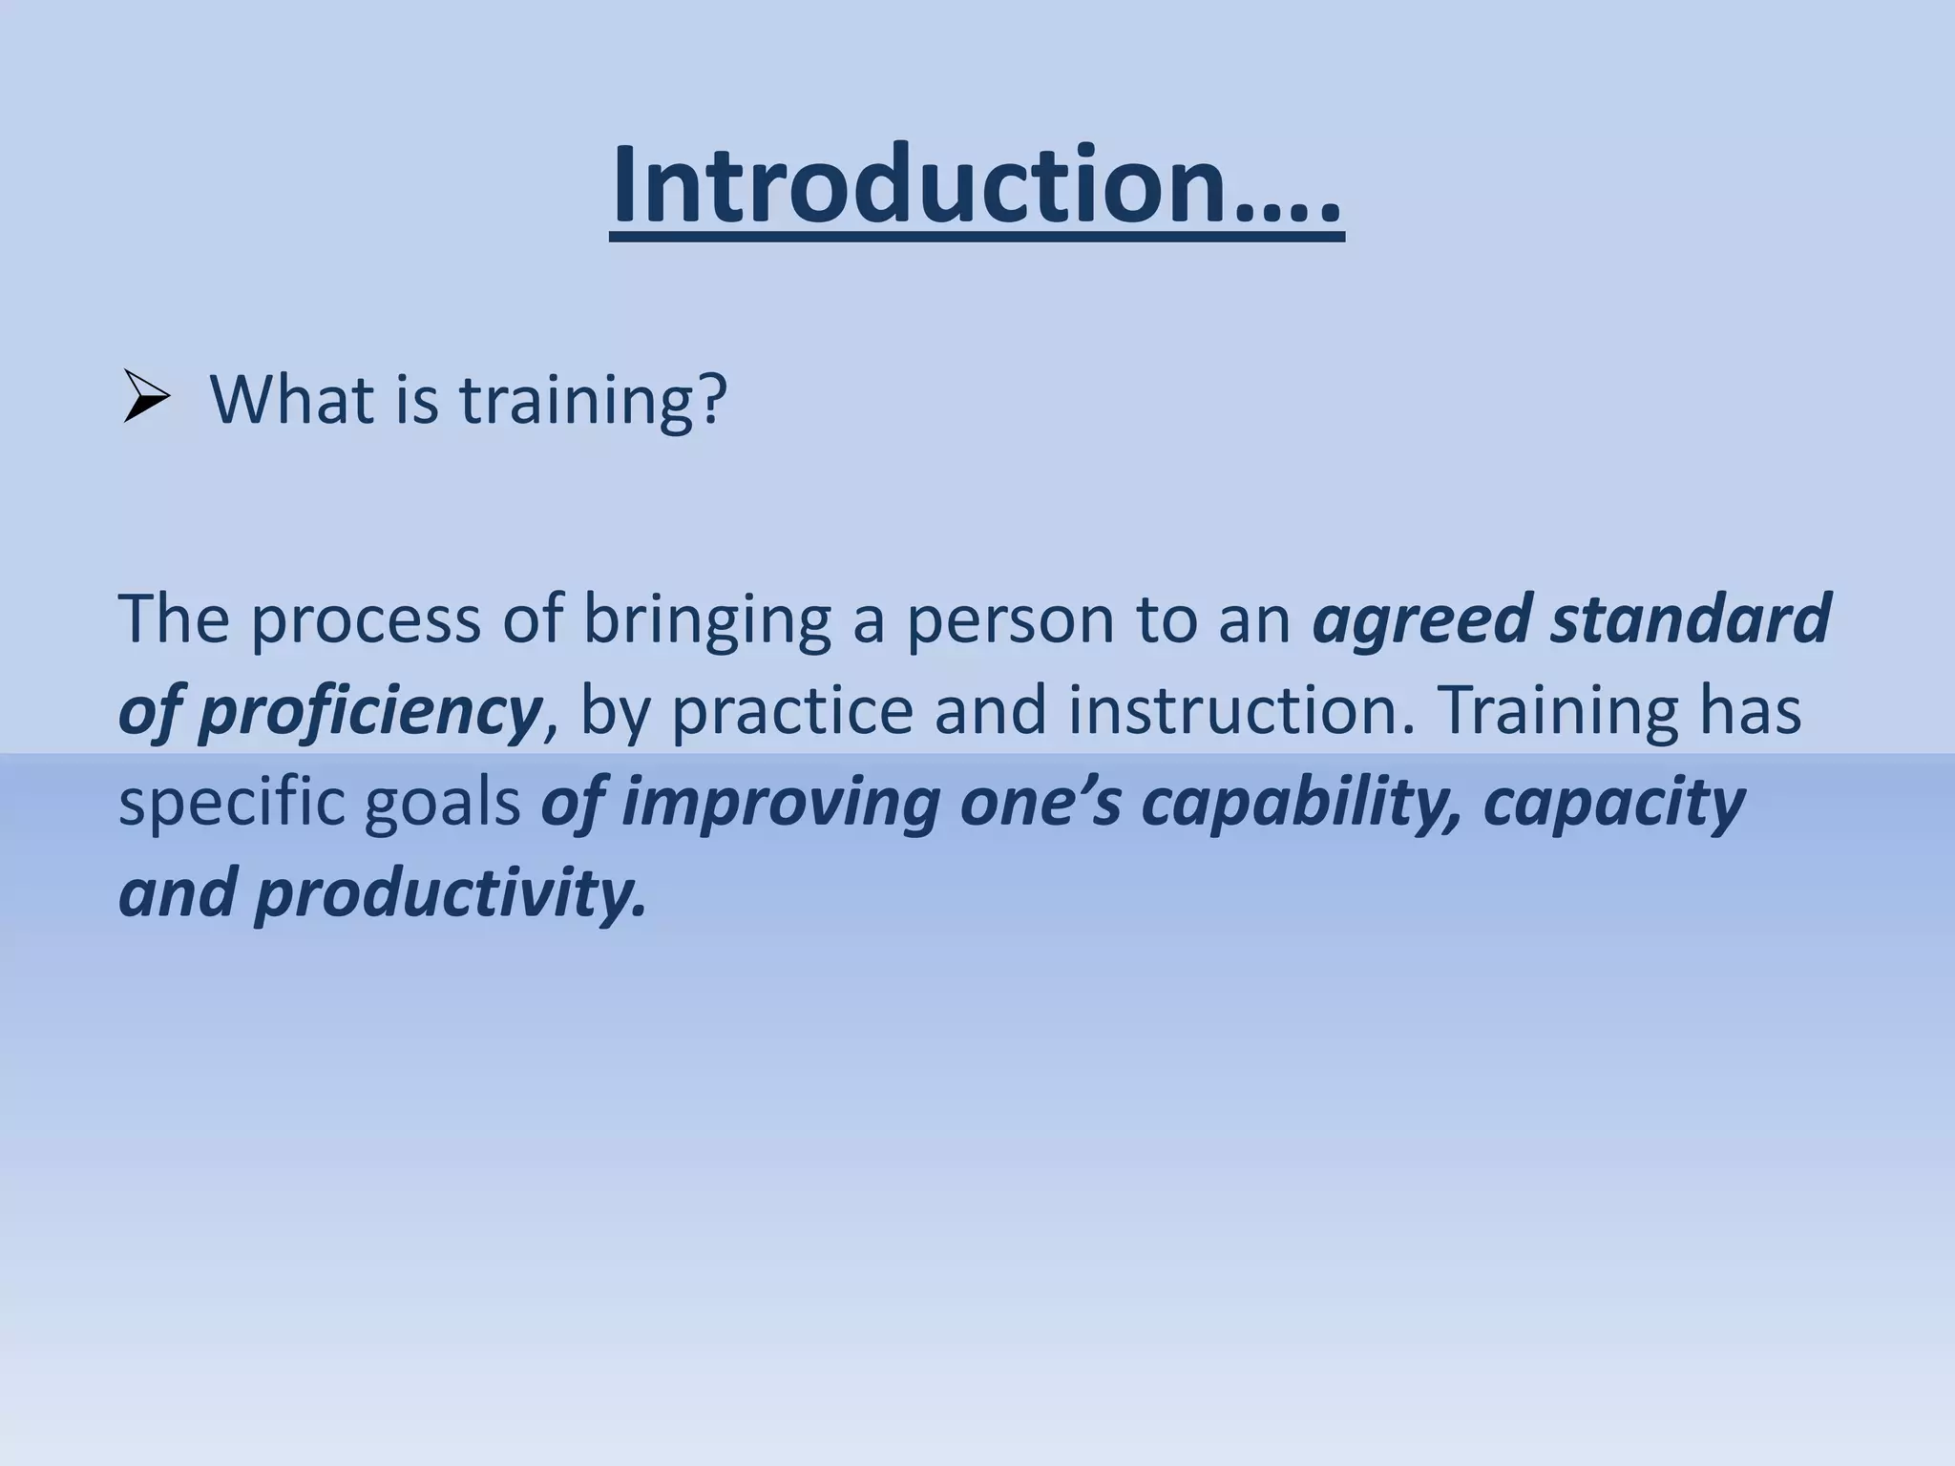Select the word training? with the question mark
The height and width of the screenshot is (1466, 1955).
click(x=593, y=401)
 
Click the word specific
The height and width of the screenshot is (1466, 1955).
click(x=230, y=804)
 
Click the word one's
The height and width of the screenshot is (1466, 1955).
click(x=1041, y=804)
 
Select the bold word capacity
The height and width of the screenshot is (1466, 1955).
click(x=1614, y=804)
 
